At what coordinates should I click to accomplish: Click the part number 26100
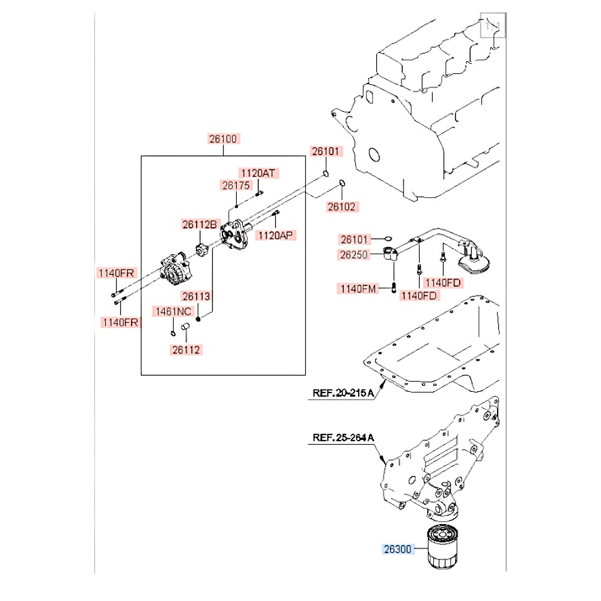tap(224, 139)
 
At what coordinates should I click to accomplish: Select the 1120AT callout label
tap(258, 173)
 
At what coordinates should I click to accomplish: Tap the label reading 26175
tap(235, 186)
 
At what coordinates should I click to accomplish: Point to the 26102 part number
tap(341, 207)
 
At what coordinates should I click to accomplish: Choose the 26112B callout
tap(199, 225)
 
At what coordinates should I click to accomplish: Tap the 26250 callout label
tap(353, 254)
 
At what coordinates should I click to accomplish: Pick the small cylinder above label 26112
tap(186, 327)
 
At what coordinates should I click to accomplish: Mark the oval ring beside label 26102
tap(342, 183)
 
